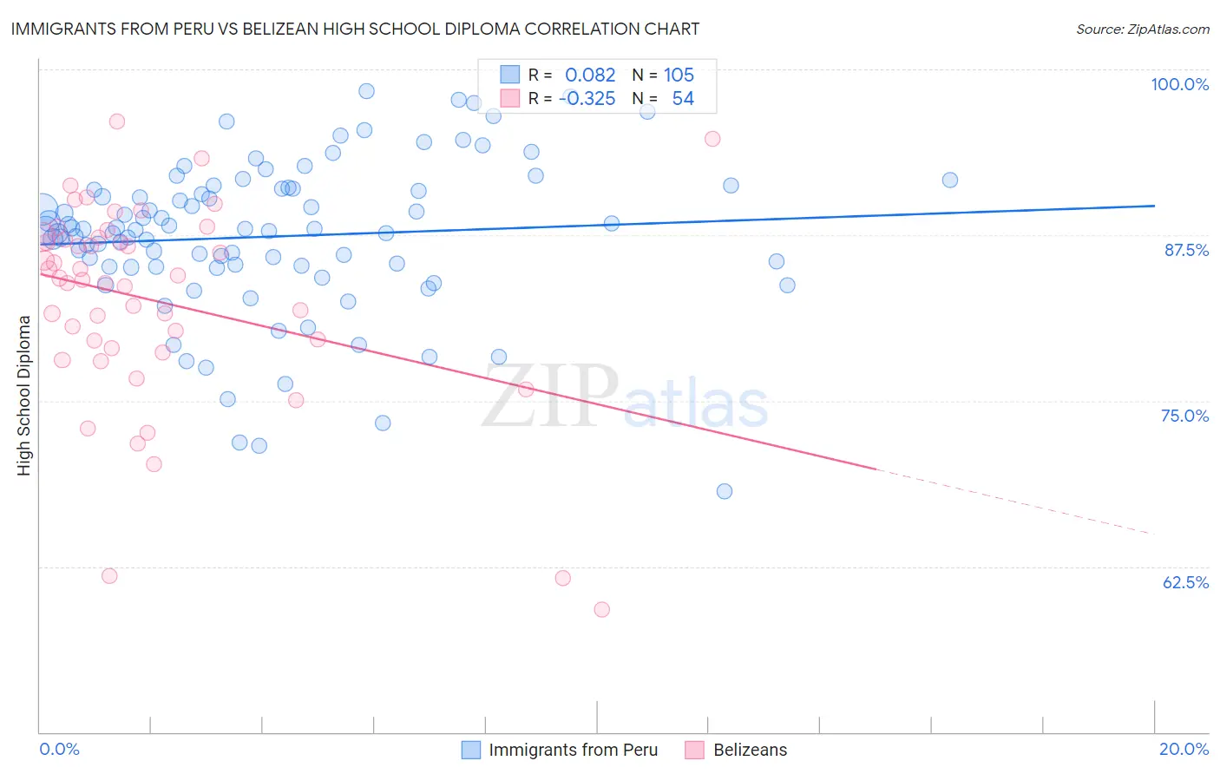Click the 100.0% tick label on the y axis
1179,84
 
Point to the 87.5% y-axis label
1186,250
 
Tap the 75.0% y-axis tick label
1184,416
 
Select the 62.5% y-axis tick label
1185,582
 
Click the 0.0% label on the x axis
59,749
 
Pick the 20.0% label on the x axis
1184,749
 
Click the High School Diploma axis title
24,395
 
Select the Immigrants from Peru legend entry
573,750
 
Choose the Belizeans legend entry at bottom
750,750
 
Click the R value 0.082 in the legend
590,75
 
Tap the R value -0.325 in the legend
587,99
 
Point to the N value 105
679,75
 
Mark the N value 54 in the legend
683,99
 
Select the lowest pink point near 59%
601,609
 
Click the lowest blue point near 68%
725,491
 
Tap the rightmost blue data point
950,180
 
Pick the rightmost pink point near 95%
712,139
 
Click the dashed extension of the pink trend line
1015,502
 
